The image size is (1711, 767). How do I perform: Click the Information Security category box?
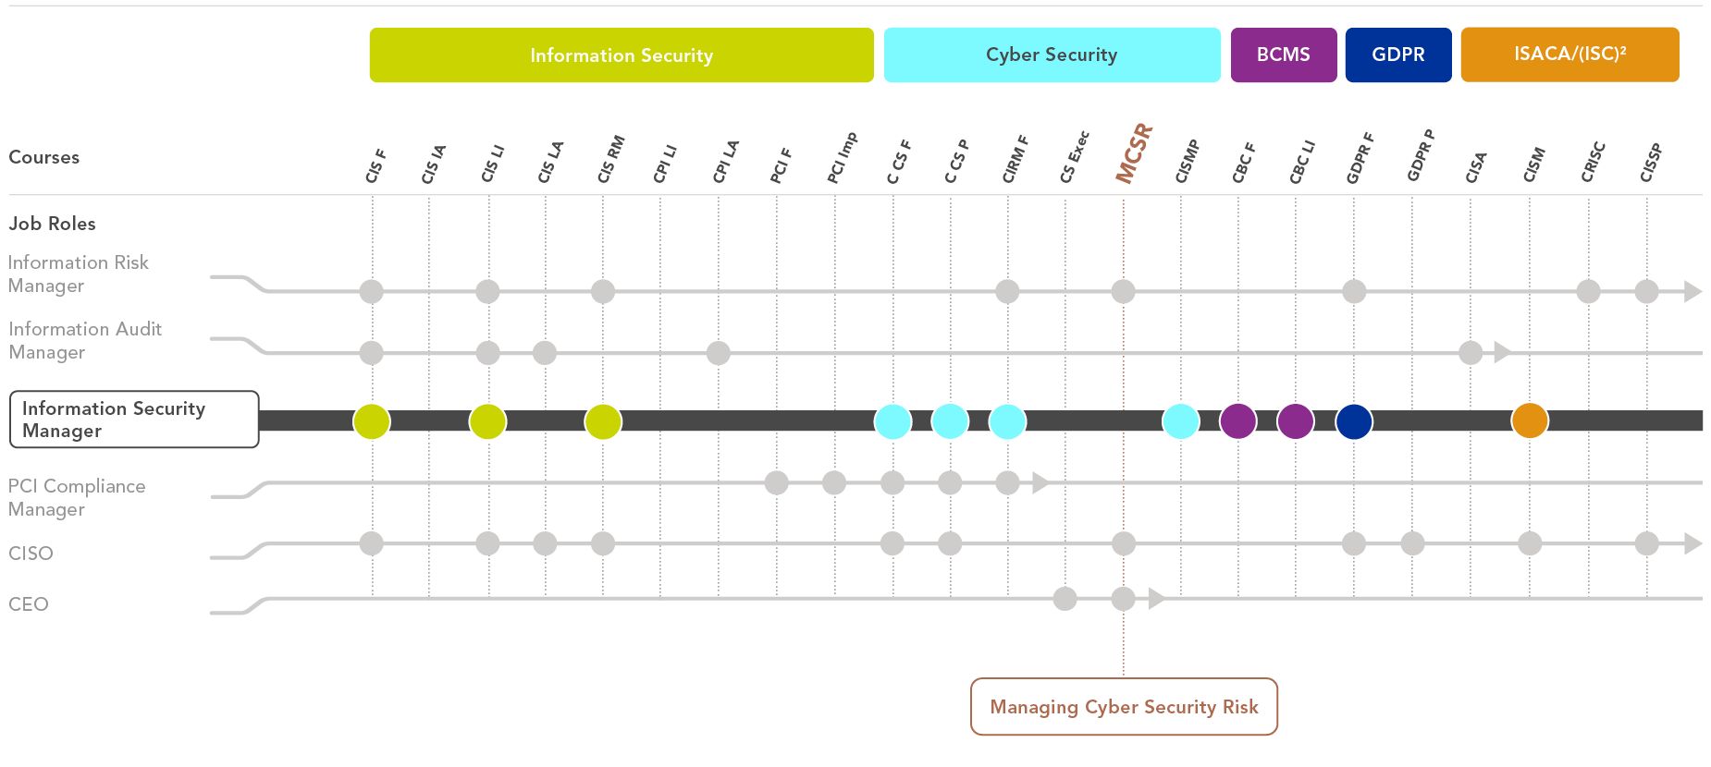click(x=622, y=55)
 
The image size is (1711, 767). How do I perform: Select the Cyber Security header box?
click(x=1052, y=55)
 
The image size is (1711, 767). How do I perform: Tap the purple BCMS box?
click(x=1283, y=55)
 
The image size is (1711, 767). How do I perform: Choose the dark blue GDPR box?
click(x=1397, y=55)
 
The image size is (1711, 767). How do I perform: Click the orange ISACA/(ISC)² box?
click(x=1569, y=55)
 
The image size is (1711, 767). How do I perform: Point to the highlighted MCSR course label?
click(x=1134, y=153)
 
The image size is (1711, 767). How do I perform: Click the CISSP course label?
click(x=1651, y=163)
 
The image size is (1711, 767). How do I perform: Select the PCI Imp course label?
click(x=842, y=158)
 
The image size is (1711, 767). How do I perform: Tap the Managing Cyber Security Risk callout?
click(x=1124, y=707)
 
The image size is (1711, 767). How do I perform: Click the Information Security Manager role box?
click(x=134, y=420)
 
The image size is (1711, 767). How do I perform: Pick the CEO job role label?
click(x=29, y=604)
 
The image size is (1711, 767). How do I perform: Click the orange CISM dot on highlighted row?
click(x=1530, y=420)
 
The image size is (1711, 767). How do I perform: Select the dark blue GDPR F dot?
click(x=1354, y=420)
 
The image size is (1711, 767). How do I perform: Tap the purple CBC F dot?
click(x=1237, y=420)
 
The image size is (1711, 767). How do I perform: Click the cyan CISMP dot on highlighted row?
click(x=1180, y=420)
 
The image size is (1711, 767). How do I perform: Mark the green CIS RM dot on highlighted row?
click(x=603, y=421)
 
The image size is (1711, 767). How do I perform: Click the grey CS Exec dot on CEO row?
click(x=1065, y=599)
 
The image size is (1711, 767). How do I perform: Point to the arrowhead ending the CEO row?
click(x=1155, y=599)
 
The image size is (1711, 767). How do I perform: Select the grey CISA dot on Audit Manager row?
click(x=1471, y=352)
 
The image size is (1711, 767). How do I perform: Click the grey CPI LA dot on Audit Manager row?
click(x=718, y=352)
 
